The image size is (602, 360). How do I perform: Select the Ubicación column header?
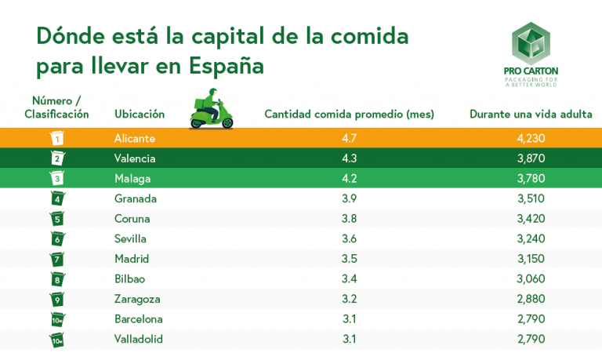[140, 114]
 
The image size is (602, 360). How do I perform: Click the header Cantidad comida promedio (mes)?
[350, 114]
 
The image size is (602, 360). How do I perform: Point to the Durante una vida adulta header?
[531, 114]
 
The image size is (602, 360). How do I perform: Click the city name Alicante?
[135, 138]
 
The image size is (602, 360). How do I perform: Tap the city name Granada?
[136, 198]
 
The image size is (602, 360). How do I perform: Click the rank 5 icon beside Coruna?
[56, 219]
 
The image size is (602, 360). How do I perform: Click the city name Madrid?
[132, 259]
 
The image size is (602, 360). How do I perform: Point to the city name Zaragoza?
[138, 299]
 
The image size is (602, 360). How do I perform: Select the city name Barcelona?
[139, 319]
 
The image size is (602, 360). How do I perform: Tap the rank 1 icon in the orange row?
[56, 138]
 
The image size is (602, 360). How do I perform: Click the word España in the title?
[227, 65]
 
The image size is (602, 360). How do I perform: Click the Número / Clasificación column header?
[56, 107]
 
